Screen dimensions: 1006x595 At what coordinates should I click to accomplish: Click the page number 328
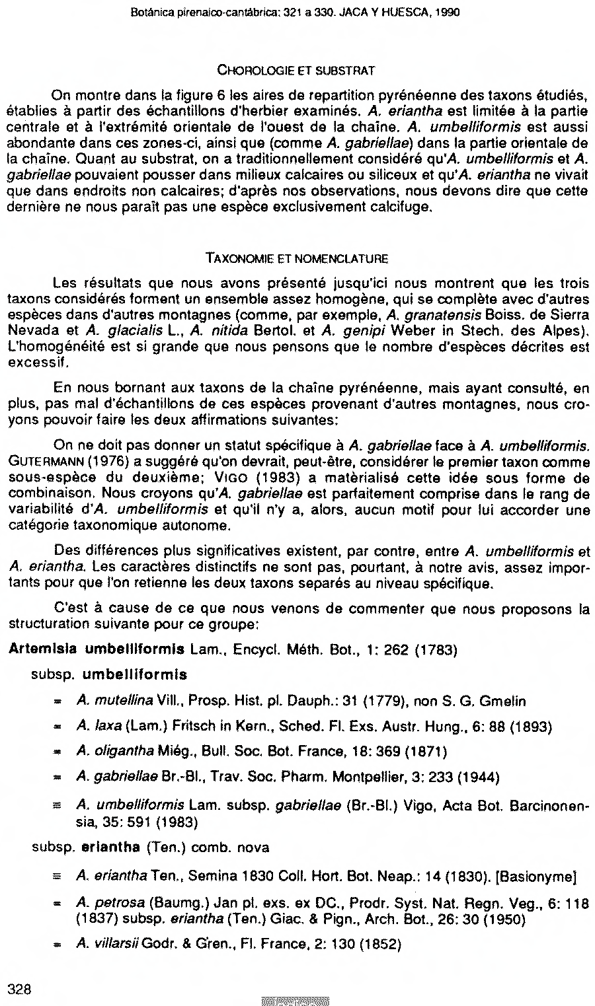tap(20, 988)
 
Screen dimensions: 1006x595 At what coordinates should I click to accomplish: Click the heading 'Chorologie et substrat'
tap(297, 69)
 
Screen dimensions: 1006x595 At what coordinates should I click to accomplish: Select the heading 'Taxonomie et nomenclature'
tap(297, 258)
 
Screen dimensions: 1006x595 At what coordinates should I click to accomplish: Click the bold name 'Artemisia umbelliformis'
tap(96, 649)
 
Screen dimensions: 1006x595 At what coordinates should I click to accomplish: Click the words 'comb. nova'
tap(239, 847)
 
